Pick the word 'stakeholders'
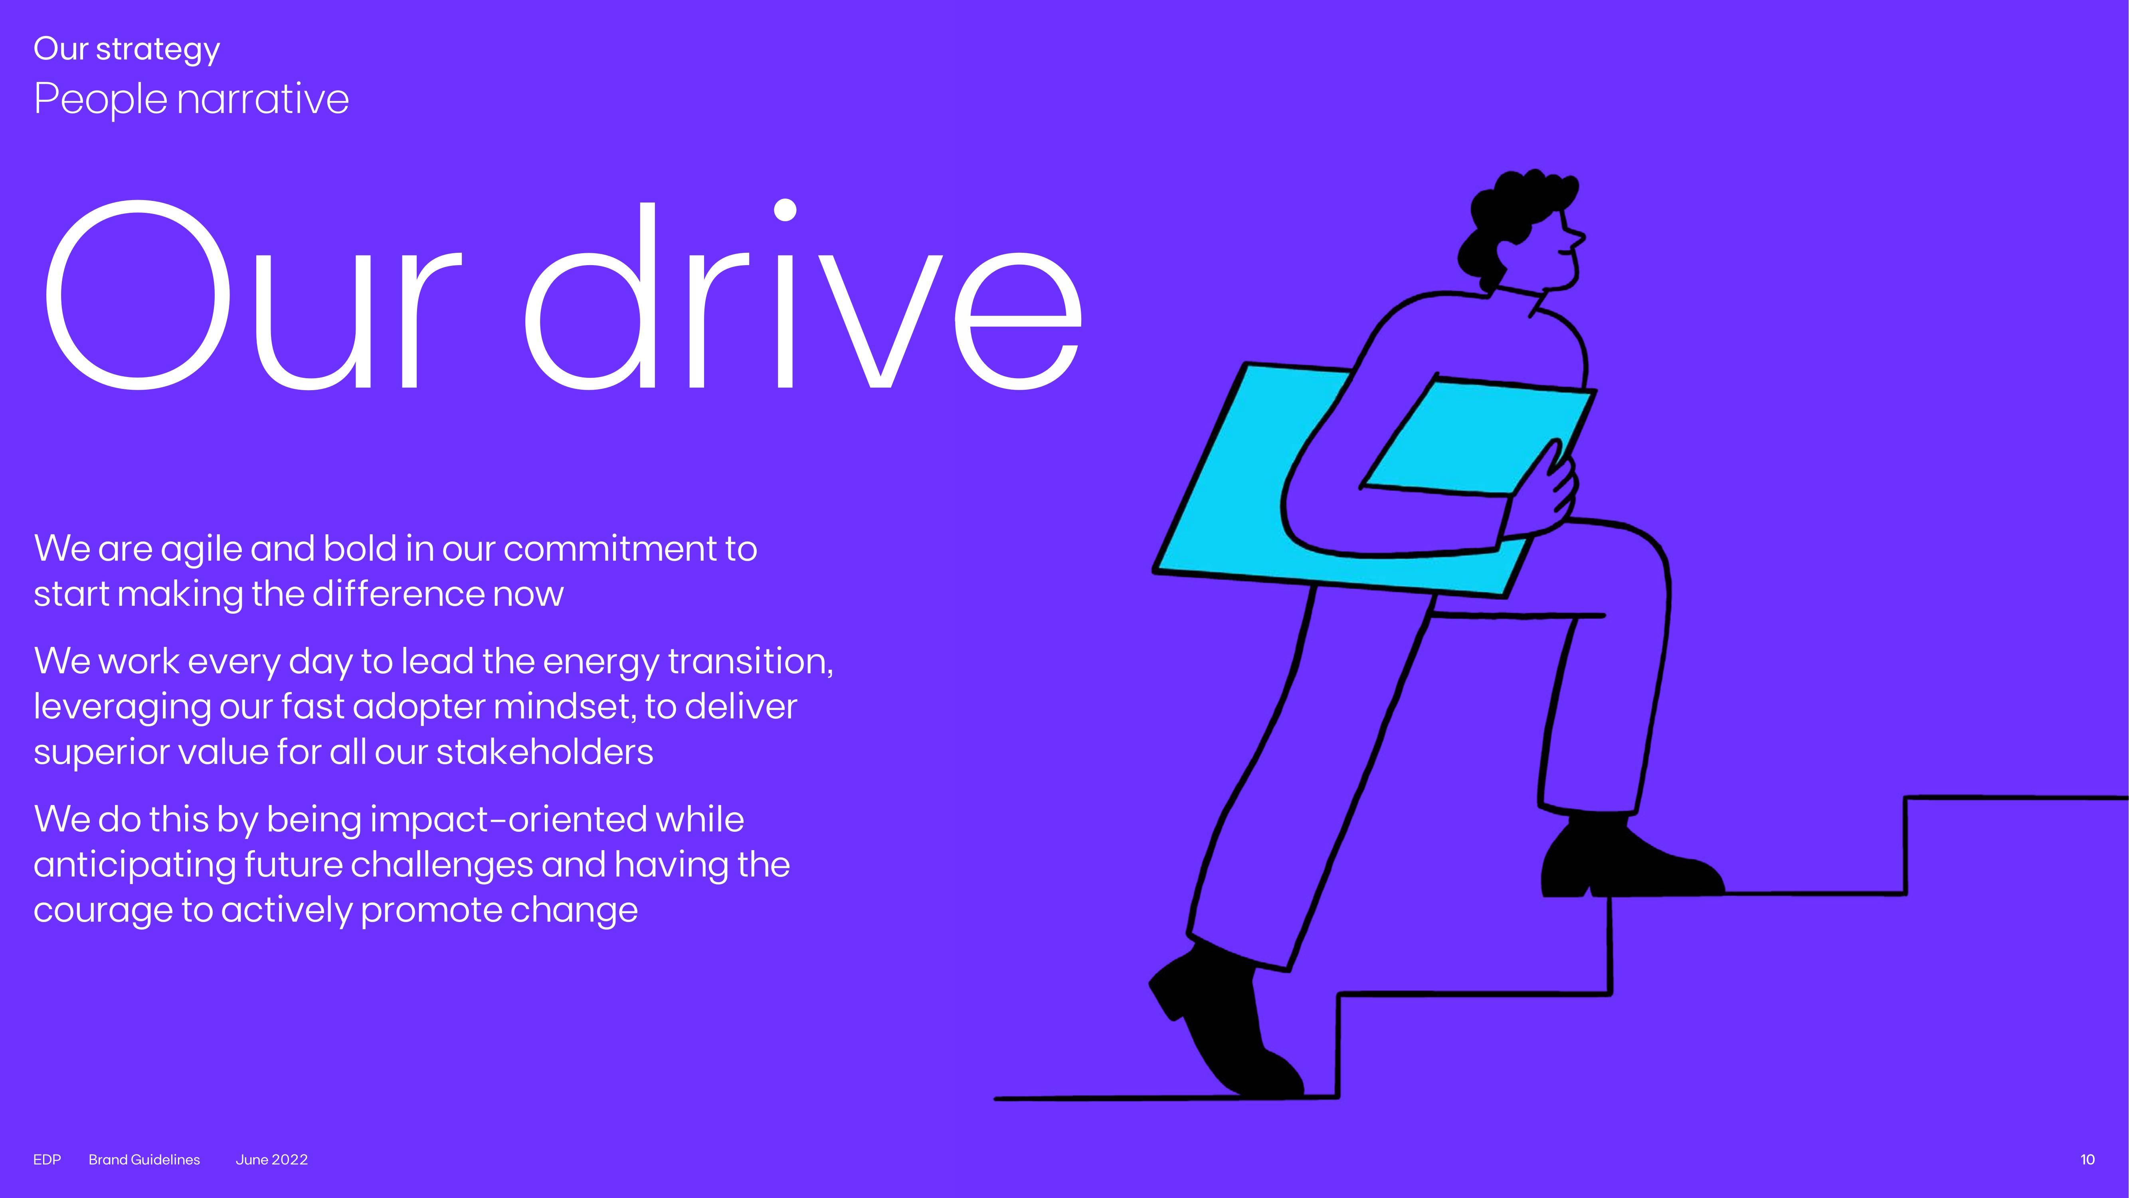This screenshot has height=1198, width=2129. pos(545,752)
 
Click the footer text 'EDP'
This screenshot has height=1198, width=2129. pos(47,1160)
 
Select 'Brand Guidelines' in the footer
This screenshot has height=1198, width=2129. pos(144,1160)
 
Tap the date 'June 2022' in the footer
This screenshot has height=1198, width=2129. pos(272,1160)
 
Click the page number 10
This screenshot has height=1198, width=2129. pos(2087,1160)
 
